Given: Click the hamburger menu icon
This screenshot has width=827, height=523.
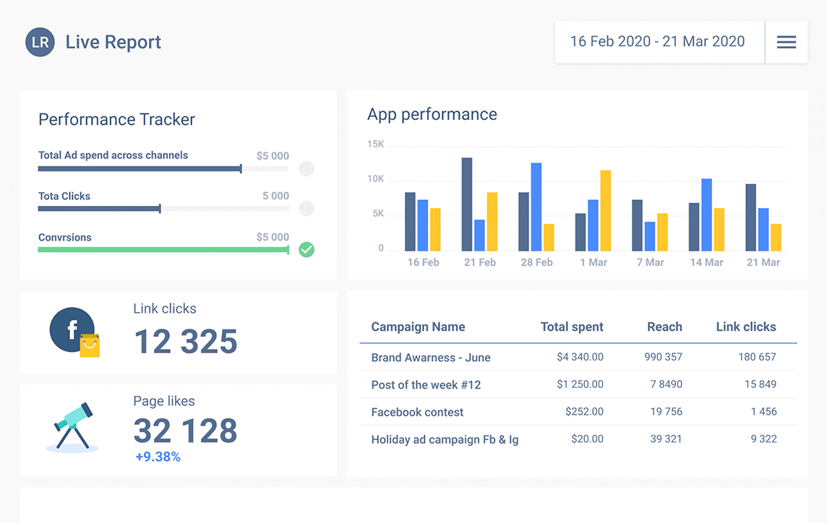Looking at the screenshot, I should tap(787, 42).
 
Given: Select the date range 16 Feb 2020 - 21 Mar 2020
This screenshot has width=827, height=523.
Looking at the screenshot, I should tap(657, 42).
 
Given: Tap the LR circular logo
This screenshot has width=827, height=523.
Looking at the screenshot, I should tap(40, 42).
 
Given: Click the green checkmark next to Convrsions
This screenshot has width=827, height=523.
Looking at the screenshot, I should tap(307, 250).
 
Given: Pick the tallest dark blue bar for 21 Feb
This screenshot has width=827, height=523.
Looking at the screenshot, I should tap(467, 204).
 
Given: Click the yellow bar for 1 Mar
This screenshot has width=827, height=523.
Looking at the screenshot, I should tap(606, 211).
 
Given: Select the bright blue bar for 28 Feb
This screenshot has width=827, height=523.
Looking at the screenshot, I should tap(536, 207).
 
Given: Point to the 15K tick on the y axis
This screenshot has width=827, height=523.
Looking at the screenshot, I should tap(376, 144).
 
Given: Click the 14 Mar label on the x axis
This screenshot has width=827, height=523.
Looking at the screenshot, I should tap(706, 262).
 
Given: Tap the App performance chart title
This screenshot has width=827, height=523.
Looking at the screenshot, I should tap(432, 114).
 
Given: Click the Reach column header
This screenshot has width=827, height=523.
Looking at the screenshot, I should tap(664, 327).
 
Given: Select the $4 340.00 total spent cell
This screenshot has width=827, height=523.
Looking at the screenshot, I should tap(580, 357).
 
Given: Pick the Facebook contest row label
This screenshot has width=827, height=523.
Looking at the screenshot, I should tap(417, 412).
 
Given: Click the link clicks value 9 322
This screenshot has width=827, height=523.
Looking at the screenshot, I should tap(763, 439).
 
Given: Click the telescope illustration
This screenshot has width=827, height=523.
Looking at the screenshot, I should tap(72, 426).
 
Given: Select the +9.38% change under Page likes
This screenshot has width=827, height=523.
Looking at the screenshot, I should tap(158, 457).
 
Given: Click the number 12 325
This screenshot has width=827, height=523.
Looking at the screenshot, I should tap(186, 341).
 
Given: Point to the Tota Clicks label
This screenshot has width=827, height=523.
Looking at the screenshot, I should tap(64, 196).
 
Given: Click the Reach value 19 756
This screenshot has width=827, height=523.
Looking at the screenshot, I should tap(666, 412).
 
